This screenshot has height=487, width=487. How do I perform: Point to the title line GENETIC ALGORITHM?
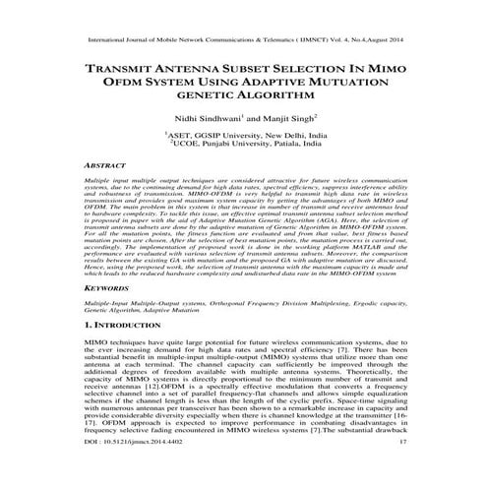click(243, 101)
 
